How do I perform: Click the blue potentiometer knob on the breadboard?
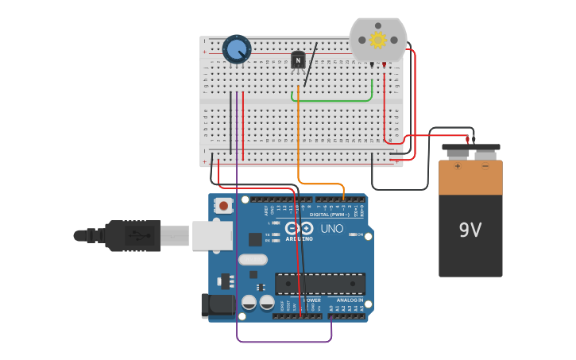click(x=237, y=50)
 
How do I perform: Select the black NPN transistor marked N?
click(x=298, y=60)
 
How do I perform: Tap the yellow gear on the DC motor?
click(x=378, y=40)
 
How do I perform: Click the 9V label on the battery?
click(x=470, y=230)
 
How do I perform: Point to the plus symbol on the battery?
click(x=457, y=167)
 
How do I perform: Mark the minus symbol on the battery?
click(x=485, y=167)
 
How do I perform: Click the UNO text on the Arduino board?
click(x=331, y=229)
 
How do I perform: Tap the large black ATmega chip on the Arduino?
click(x=320, y=284)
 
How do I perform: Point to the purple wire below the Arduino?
click(x=284, y=342)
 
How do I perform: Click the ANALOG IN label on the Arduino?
click(x=349, y=300)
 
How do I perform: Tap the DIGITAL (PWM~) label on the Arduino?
click(x=330, y=215)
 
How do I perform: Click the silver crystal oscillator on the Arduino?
click(x=253, y=259)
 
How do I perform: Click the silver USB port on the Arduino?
click(x=212, y=235)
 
